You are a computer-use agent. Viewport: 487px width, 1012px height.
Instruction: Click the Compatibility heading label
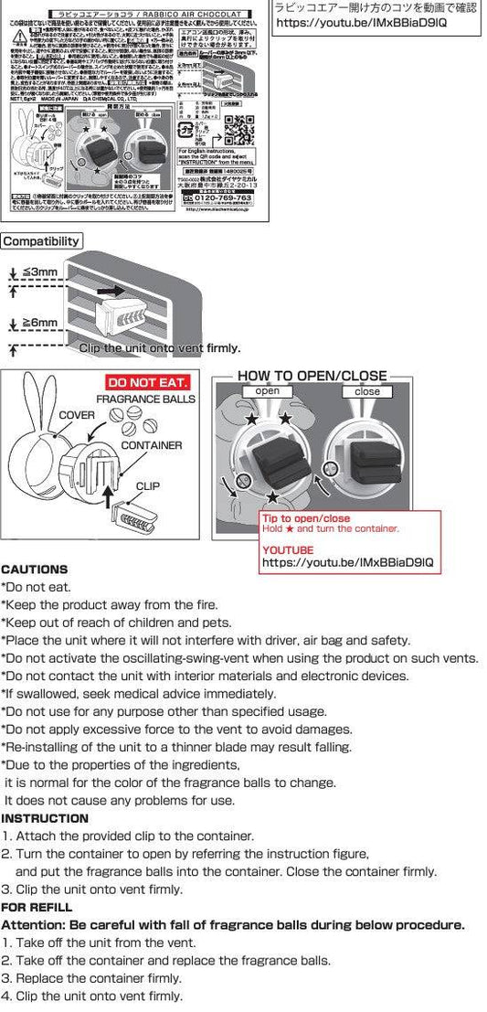pos(41,242)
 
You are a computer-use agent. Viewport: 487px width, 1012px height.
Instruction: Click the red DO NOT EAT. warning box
pos(148,382)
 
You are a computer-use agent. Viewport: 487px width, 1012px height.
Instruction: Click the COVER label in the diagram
pos(77,414)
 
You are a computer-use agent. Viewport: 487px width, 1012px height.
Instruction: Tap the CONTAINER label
pos(150,445)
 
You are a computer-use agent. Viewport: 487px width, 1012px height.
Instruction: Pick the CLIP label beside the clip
pos(148,486)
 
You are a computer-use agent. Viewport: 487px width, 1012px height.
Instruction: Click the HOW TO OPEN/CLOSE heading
pos(312,376)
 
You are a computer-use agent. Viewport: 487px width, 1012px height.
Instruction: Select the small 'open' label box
pos(268,391)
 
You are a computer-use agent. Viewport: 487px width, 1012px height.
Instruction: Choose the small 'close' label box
pos(367,391)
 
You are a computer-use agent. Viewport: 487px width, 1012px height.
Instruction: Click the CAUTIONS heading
pos(35,569)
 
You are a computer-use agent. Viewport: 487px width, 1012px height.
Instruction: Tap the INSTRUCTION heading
pos(45,818)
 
